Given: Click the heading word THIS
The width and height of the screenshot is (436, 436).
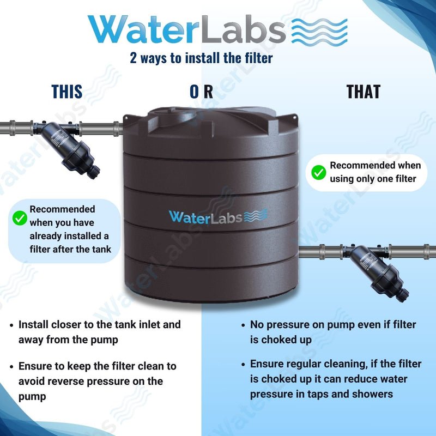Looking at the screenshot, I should point(67,92).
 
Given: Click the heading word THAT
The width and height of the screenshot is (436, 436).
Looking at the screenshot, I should point(363,92).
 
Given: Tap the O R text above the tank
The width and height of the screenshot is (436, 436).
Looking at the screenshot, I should point(201,92).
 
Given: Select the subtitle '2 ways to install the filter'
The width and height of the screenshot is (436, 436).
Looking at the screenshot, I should point(201,57).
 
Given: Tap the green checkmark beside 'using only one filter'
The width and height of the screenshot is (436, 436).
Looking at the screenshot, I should point(318,173).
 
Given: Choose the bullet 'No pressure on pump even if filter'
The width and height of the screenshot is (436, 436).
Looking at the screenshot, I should point(332,332).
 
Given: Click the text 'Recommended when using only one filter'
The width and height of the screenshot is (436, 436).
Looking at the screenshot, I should point(375,172).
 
